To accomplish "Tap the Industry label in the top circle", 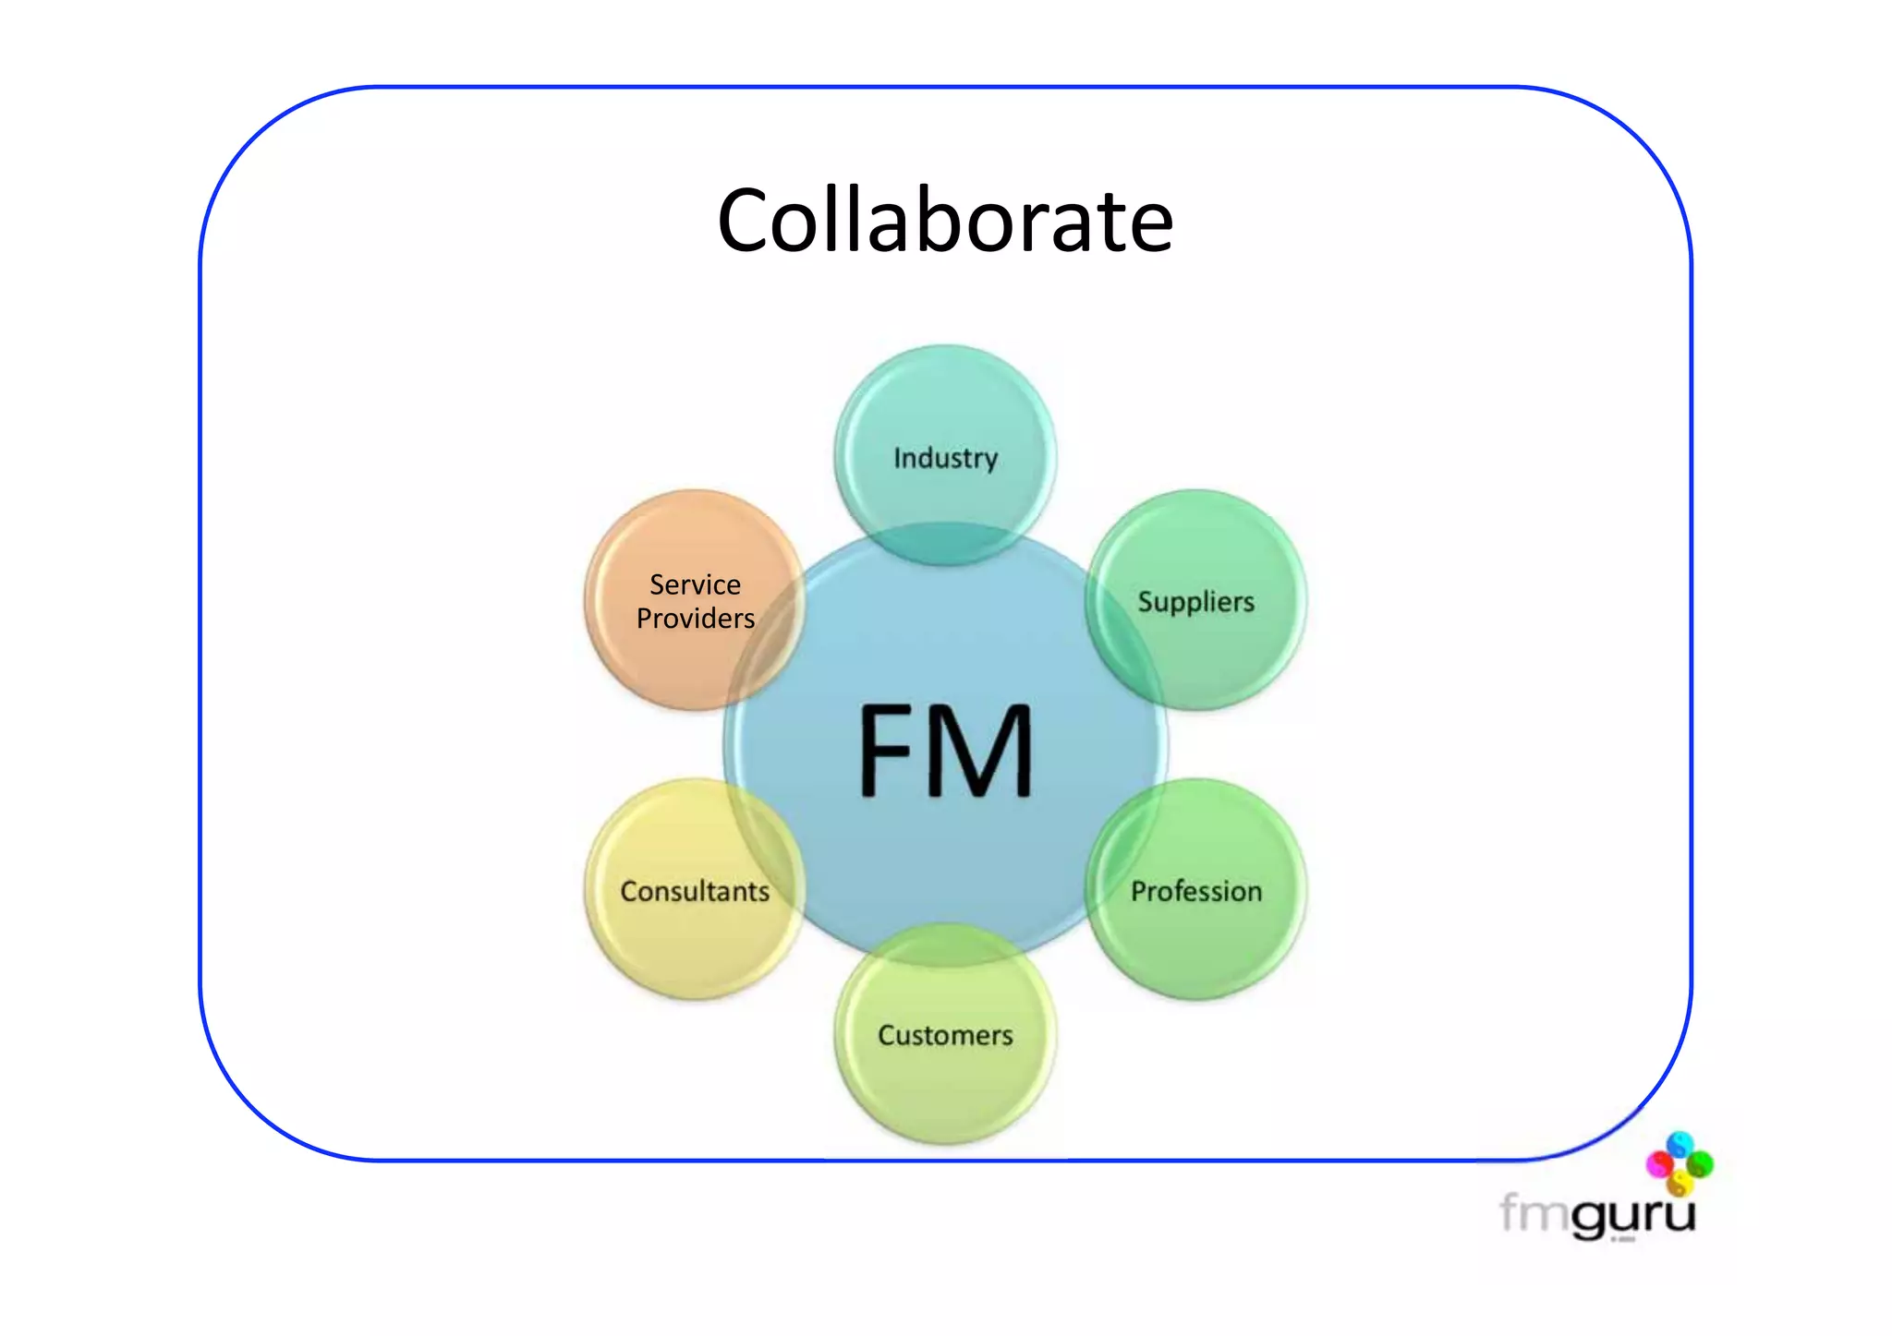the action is pyautogui.click(x=945, y=458).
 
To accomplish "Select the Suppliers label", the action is pyautogui.click(x=1195, y=602).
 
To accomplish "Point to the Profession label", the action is pyautogui.click(x=1195, y=891).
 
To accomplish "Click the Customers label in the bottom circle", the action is pyautogui.click(x=945, y=1035).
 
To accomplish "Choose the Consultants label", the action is pyautogui.click(x=695, y=891).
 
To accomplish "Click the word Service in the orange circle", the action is pyautogui.click(x=695, y=584).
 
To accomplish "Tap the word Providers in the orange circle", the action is pyautogui.click(x=695, y=618).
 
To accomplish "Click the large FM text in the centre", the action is pyautogui.click(x=945, y=750).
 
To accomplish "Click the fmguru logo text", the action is pyautogui.click(x=1597, y=1213).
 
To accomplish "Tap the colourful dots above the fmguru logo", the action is pyautogui.click(x=1679, y=1162).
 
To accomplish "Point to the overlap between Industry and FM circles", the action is pyautogui.click(x=945, y=544).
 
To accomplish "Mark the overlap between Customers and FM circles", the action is pyautogui.click(x=945, y=945).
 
